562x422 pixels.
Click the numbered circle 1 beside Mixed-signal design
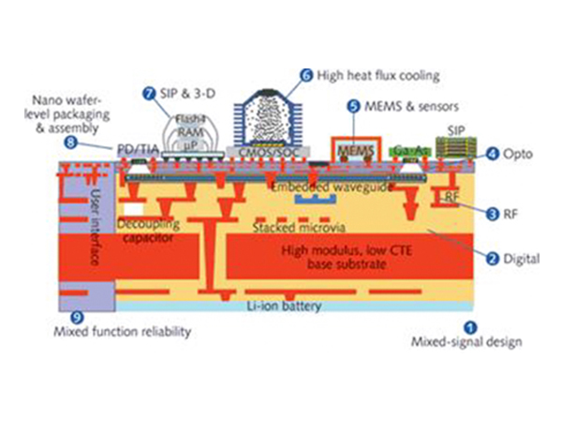click(471, 326)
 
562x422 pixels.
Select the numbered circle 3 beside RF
click(493, 215)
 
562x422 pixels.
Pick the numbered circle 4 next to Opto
click(493, 153)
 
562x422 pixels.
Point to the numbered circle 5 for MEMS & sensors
click(353, 107)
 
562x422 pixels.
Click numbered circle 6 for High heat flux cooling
click(305, 73)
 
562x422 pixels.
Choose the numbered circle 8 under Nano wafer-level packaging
click(70, 143)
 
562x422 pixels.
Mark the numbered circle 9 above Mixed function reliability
click(78, 317)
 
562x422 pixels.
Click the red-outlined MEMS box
click(354, 148)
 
